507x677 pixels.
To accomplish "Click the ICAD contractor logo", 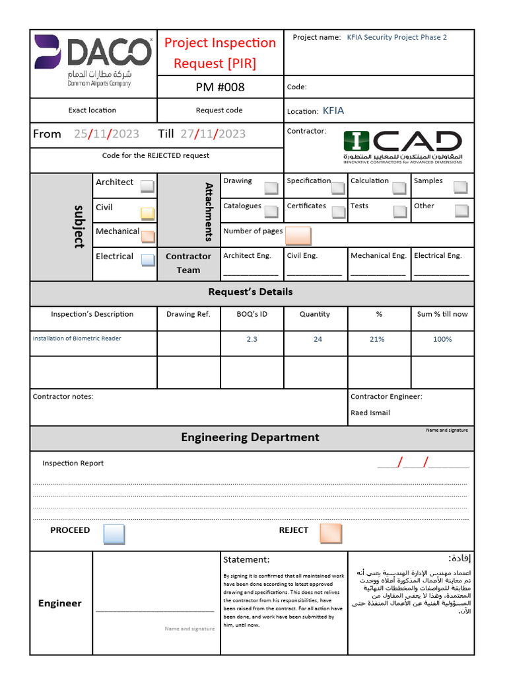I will point(402,147).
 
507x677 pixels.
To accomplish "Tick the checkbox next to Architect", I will point(147,186).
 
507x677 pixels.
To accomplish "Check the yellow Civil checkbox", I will point(147,213).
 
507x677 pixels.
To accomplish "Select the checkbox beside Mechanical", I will point(147,236).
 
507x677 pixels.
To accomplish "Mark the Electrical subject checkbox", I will point(147,260).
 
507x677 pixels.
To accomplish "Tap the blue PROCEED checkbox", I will point(114,534).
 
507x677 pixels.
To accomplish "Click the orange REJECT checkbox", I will point(330,534).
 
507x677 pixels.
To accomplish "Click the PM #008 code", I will point(220,87).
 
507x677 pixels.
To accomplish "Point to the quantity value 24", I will point(318,339).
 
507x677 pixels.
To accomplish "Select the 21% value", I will point(377,339).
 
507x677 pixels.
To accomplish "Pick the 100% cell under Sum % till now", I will point(442,339).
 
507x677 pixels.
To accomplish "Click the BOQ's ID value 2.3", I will point(252,339).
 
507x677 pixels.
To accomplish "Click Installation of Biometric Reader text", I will point(77,338).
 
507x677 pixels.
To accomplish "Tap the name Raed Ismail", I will point(370,413).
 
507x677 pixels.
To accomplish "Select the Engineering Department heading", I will point(250,437).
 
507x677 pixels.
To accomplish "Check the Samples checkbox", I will point(461,187).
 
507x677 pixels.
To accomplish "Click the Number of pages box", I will point(298,235).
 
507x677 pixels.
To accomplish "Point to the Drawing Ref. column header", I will point(188,314).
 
